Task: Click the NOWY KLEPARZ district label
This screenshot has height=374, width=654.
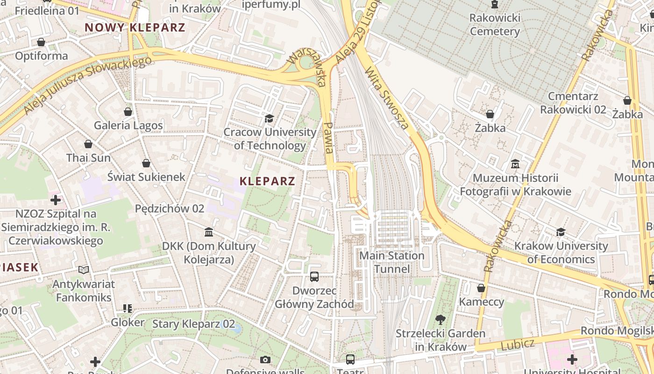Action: click(135, 27)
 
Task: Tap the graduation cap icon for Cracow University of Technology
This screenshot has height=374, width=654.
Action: click(269, 118)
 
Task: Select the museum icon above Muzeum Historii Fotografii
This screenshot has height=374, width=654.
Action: click(515, 164)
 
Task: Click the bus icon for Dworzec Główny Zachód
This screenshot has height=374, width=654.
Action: click(314, 277)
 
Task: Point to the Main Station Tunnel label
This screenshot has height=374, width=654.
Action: click(392, 262)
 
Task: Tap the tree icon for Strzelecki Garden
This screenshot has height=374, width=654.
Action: click(440, 320)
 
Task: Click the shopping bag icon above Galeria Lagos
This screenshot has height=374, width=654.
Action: click(128, 112)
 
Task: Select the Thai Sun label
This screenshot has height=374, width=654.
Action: click(88, 158)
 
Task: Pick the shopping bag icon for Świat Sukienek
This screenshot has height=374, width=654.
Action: click(146, 163)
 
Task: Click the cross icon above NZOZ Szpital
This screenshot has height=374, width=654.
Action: click(56, 201)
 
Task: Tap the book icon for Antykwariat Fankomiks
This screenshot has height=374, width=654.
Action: click(84, 270)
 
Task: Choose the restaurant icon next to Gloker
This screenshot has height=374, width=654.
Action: click(128, 309)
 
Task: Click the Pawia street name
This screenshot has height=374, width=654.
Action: click(329, 138)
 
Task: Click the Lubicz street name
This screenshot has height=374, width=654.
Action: click(518, 345)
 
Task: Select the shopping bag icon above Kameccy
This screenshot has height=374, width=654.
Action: click(481, 288)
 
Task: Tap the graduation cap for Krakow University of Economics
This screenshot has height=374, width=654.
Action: click(561, 232)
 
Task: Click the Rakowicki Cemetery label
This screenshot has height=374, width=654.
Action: click(495, 25)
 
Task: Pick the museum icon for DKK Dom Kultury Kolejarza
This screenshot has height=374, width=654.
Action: click(209, 232)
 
